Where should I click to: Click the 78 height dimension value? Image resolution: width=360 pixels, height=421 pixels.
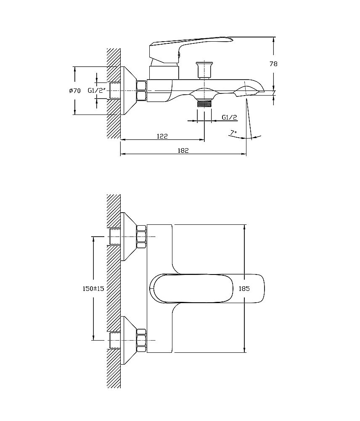tap(273, 64)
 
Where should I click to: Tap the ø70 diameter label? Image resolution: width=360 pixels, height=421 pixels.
tap(75, 91)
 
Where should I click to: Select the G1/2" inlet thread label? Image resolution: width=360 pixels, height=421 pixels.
tap(98, 90)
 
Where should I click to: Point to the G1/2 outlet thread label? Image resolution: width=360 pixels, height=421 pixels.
tap(229, 117)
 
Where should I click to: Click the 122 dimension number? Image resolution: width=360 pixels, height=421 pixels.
tap(162, 136)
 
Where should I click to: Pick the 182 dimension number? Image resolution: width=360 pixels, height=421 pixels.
tap(183, 150)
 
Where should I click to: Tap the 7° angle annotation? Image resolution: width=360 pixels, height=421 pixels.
tap(233, 132)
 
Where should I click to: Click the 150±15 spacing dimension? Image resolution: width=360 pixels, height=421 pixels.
tap(93, 289)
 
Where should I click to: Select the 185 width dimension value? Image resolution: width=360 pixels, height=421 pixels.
tap(244, 289)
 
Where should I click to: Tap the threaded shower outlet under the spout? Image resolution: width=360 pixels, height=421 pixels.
tap(204, 104)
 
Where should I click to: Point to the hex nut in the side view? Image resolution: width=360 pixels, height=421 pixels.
tap(141, 91)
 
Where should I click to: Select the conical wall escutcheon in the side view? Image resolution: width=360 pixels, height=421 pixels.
tap(128, 91)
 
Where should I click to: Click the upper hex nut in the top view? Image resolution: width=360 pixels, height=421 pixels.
tap(142, 237)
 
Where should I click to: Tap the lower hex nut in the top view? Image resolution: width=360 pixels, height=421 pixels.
tap(142, 341)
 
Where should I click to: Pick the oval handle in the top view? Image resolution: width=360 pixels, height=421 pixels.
tap(208, 288)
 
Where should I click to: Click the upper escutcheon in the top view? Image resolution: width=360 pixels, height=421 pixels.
tap(129, 237)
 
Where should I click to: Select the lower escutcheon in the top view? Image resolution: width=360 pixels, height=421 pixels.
tap(129, 341)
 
